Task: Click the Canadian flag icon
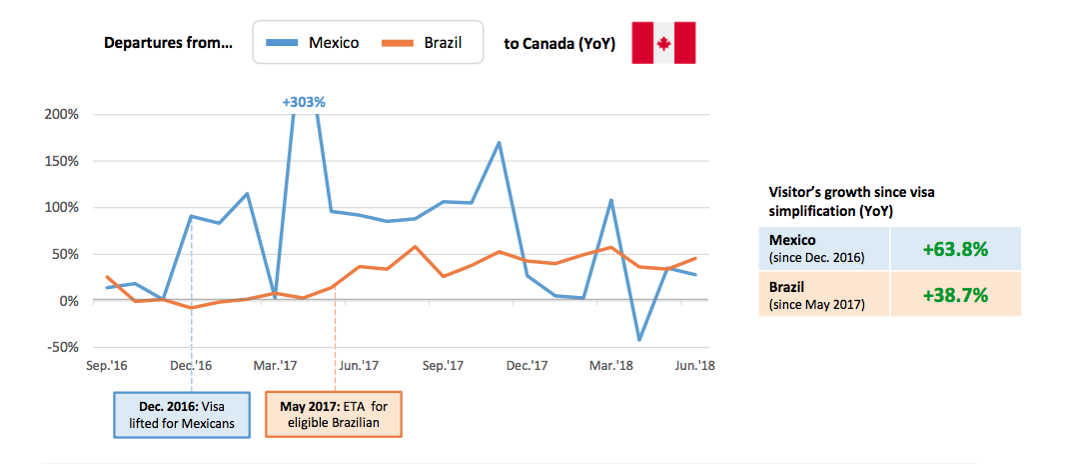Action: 663,43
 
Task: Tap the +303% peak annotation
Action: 304,101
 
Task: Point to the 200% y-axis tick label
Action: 62,114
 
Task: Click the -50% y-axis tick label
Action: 62,347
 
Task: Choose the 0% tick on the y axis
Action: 69,301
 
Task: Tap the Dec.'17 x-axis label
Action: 527,367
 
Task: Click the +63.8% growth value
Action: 955,249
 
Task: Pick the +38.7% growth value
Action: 955,294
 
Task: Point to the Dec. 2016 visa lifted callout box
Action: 180,414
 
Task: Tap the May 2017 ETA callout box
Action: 334,414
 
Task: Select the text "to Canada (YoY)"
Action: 559,44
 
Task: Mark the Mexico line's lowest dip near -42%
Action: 639,340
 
